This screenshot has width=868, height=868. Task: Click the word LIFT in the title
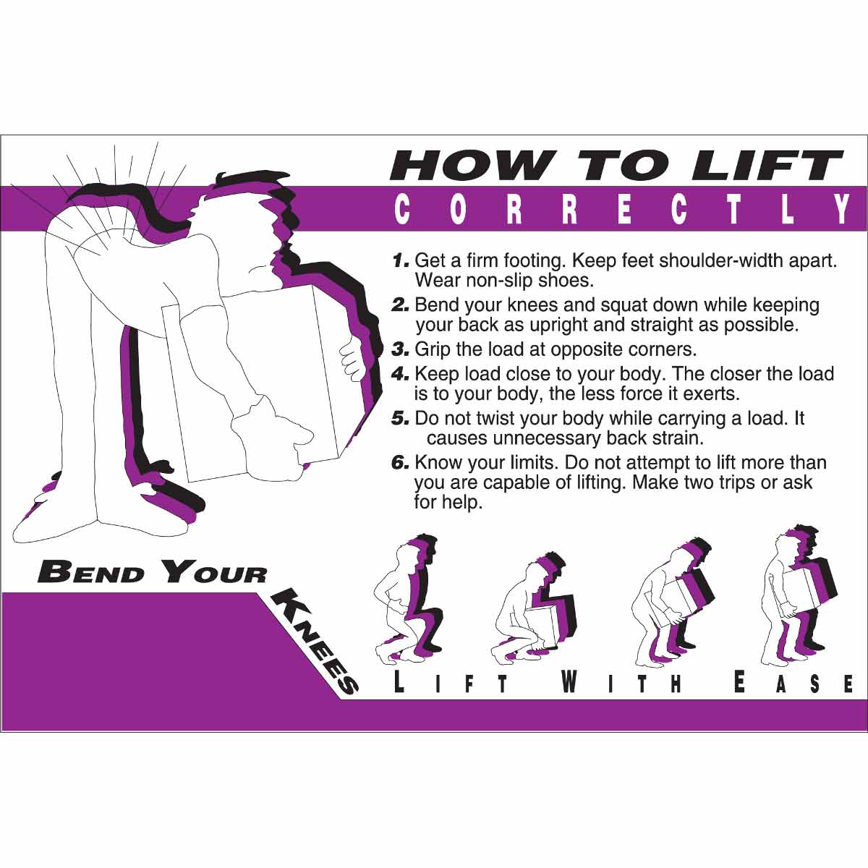click(767, 166)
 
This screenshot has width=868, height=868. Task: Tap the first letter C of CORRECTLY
click(402, 210)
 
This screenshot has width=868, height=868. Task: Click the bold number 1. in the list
click(401, 260)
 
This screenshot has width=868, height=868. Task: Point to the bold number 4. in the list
click(401, 375)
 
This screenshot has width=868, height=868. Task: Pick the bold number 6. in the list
click(401, 463)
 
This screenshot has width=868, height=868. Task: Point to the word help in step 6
click(461, 502)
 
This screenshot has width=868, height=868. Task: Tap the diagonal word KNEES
click(315, 641)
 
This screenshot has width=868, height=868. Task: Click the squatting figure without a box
click(405, 600)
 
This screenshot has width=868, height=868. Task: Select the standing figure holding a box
click(796, 593)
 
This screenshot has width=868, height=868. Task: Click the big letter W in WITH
click(570, 681)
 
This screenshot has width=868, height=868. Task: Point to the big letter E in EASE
click(739, 681)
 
